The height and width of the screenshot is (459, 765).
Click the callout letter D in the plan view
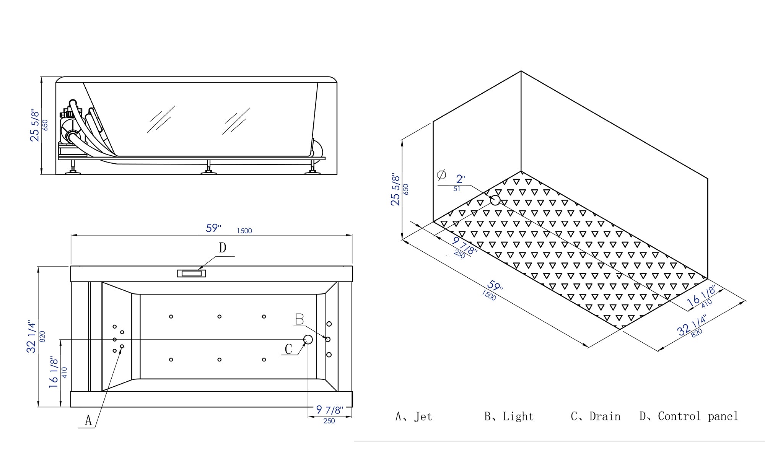tap(223, 248)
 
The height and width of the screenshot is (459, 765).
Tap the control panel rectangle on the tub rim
tap(191, 273)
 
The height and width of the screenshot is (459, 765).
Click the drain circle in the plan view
tap(308, 339)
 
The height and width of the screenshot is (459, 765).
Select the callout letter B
tap(299, 319)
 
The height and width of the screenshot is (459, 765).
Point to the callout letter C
tap(288, 349)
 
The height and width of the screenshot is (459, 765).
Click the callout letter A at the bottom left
tap(88, 420)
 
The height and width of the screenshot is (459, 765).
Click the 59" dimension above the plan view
tap(213, 228)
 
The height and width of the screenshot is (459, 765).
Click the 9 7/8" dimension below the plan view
tap(329, 410)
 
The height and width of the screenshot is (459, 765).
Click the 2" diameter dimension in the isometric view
tap(461, 179)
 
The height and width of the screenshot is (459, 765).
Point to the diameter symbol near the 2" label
tap(441, 175)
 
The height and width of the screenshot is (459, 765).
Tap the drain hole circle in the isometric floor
tap(495, 200)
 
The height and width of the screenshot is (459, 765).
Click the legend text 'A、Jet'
tap(414, 417)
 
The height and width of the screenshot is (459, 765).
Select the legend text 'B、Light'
tap(509, 417)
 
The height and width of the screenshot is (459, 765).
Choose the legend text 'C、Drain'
tap(596, 417)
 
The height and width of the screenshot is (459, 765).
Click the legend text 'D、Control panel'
tap(688, 417)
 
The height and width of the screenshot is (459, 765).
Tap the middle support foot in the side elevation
tap(208, 168)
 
